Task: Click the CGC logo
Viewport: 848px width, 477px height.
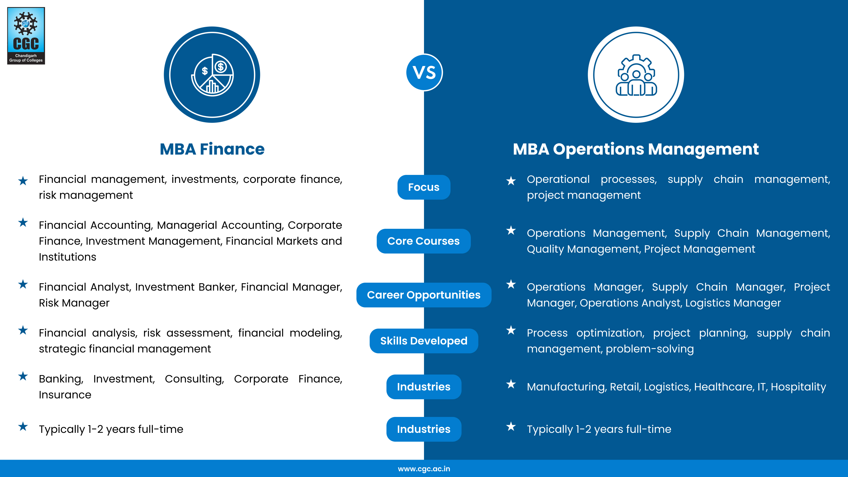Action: pyautogui.click(x=26, y=36)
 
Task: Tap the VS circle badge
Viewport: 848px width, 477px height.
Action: pyautogui.click(x=424, y=72)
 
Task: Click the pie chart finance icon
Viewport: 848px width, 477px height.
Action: pyautogui.click(x=212, y=75)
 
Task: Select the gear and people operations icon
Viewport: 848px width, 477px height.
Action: pyautogui.click(x=636, y=75)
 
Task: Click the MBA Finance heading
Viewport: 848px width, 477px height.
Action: pyautogui.click(x=212, y=149)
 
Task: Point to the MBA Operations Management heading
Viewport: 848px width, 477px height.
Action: pyautogui.click(x=636, y=149)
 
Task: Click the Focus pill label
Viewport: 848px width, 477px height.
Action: pyautogui.click(x=424, y=187)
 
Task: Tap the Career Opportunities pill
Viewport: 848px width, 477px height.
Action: pyautogui.click(x=424, y=295)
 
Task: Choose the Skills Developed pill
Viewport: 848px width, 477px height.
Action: pyautogui.click(x=424, y=341)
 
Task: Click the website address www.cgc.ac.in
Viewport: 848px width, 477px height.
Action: pyautogui.click(x=424, y=469)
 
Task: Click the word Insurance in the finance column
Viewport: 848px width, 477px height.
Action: pyautogui.click(x=65, y=395)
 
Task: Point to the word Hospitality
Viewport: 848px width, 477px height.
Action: pyautogui.click(x=798, y=387)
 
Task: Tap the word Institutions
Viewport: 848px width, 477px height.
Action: pyautogui.click(x=67, y=257)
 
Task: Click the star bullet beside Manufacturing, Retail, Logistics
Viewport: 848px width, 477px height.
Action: pyautogui.click(x=511, y=384)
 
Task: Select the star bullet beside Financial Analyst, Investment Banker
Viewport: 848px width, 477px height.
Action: pyautogui.click(x=23, y=284)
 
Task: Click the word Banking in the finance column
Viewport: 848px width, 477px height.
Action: pyautogui.click(x=61, y=379)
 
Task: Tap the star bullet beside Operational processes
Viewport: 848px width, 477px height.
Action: pyautogui.click(x=511, y=181)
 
